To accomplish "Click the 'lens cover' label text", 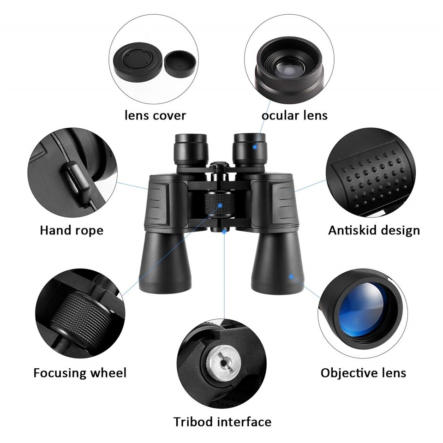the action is pyautogui.click(x=156, y=115).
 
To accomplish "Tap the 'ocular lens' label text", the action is pyautogui.click(x=294, y=115).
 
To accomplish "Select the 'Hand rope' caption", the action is pyautogui.click(x=72, y=230).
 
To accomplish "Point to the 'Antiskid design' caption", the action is pyautogui.click(x=374, y=230).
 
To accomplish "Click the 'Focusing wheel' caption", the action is pyautogui.click(x=80, y=373).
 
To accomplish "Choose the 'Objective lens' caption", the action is pyautogui.click(x=363, y=373).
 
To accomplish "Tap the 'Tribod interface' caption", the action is pyautogui.click(x=222, y=422).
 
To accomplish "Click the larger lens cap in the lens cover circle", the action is pyautogui.click(x=138, y=61).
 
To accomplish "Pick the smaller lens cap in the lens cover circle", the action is pyautogui.click(x=180, y=64).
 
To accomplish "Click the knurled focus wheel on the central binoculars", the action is pyautogui.click(x=220, y=204).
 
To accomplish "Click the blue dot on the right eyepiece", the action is pyautogui.click(x=255, y=147).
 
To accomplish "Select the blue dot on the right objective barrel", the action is pyautogui.click(x=291, y=276).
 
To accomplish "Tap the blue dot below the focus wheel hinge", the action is pyautogui.click(x=224, y=231).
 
